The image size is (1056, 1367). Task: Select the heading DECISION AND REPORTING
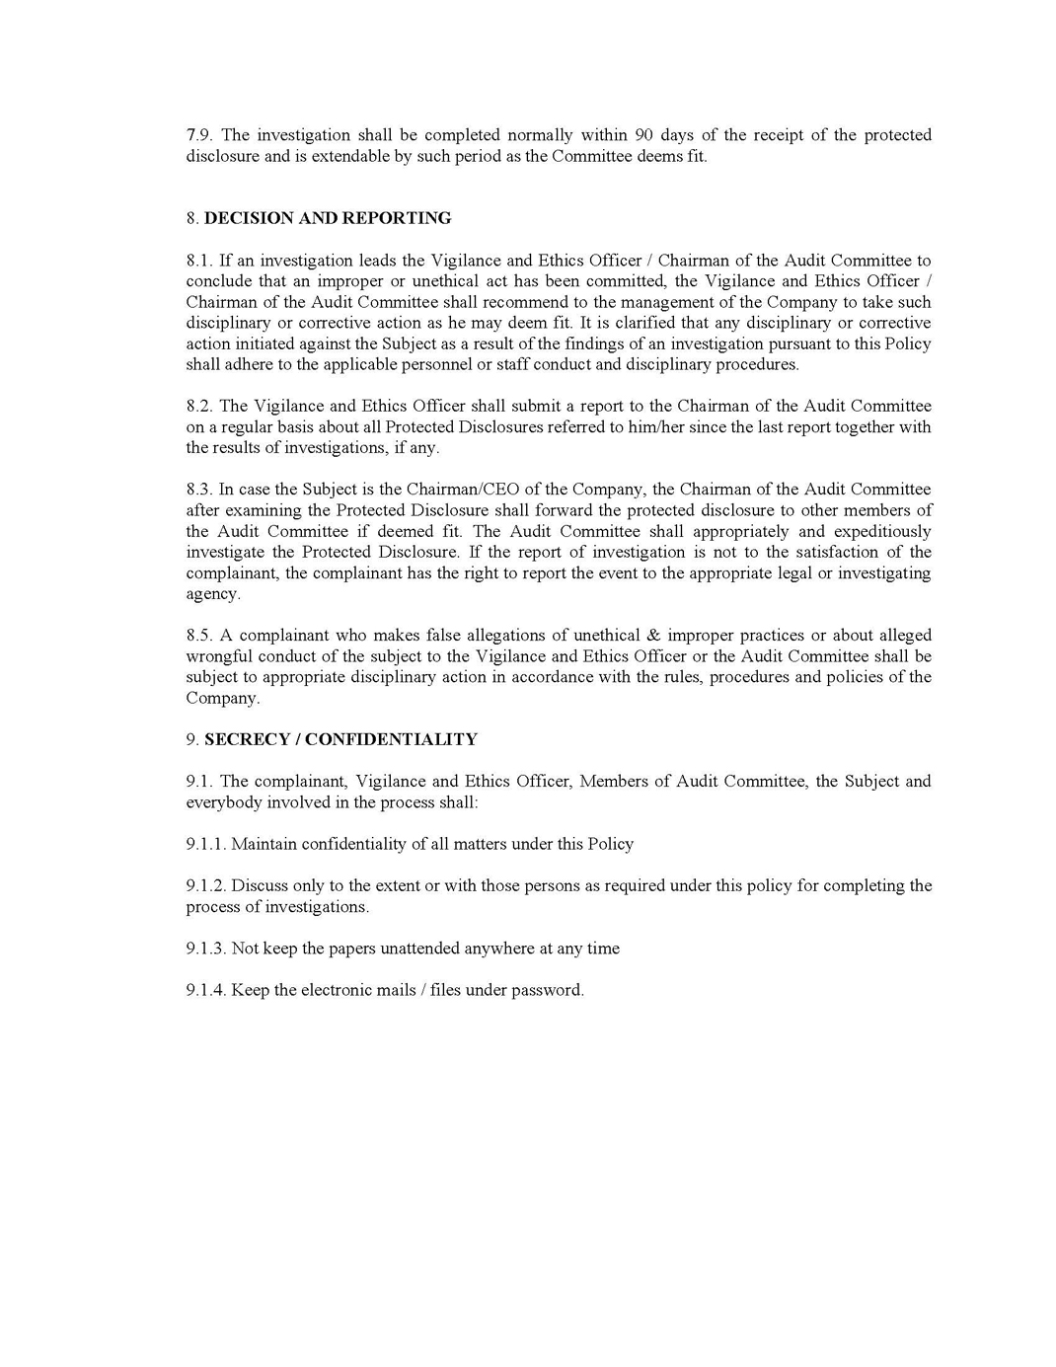coord(328,218)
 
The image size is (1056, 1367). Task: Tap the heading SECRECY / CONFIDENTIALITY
coord(340,739)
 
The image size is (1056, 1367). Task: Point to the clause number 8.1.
coord(198,261)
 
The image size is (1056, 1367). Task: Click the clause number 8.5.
coord(198,636)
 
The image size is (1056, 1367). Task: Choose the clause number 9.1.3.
coord(206,949)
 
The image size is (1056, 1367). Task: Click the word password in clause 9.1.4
coord(547,990)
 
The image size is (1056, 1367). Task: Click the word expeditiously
coord(882,532)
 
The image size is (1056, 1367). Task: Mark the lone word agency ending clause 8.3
coord(212,594)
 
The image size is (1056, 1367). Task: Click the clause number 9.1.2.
coord(206,885)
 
